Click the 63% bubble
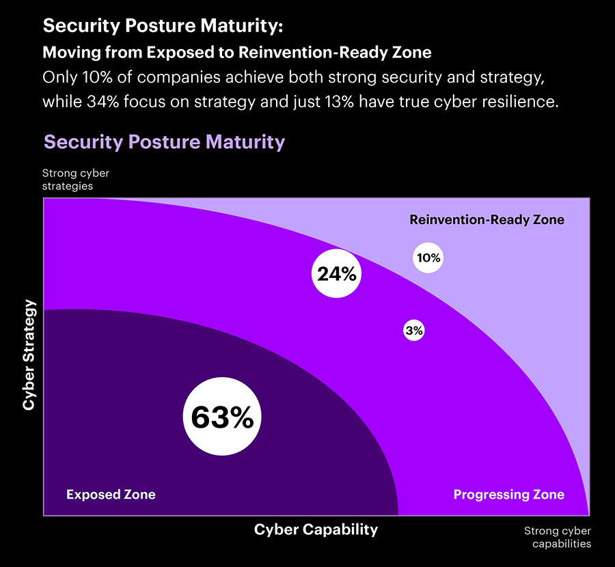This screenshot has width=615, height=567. [x=222, y=417]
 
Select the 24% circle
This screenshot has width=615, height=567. [x=336, y=274]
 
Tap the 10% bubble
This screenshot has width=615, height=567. [x=428, y=258]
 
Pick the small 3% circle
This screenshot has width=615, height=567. [x=414, y=331]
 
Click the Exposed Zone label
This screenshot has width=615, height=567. [x=111, y=495]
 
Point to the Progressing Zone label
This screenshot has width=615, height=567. [x=509, y=495]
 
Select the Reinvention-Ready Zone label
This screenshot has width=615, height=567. [x=487, y=220]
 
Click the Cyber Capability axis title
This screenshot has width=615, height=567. [x=316, y=529]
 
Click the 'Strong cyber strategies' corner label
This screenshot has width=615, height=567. [x=75, y=179]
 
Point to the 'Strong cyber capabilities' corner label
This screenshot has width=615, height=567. [x=558, y=538]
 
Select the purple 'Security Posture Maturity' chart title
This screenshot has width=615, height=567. [x=164, y=142]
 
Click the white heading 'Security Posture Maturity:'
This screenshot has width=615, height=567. [x=162, y=27]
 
